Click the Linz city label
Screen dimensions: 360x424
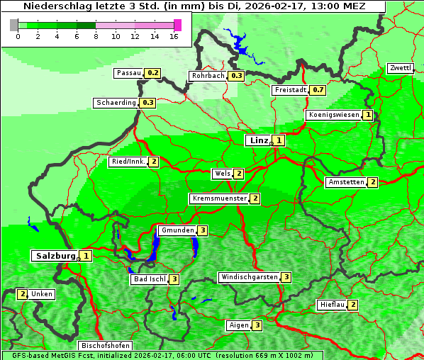[258, 140]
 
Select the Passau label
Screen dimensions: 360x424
[129, 73]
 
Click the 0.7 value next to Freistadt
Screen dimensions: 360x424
[318, 90]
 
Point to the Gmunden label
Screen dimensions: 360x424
[177, 230]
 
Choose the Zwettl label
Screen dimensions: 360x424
[400, 68]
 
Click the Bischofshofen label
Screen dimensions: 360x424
[105, 346]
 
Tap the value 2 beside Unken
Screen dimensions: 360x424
[22, 294]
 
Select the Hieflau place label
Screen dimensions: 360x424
[332, 305]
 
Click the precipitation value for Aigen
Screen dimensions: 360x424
[257, 325]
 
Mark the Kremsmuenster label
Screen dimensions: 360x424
[219, 198]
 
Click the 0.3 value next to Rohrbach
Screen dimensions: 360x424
[236, 76]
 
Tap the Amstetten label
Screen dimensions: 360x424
[346, 182]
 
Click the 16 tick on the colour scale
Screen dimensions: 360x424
[174, 36]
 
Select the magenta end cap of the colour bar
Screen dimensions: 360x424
[177, 25]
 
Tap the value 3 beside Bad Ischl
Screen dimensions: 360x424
[174, 279]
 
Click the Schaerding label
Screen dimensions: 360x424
[116, 103]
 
